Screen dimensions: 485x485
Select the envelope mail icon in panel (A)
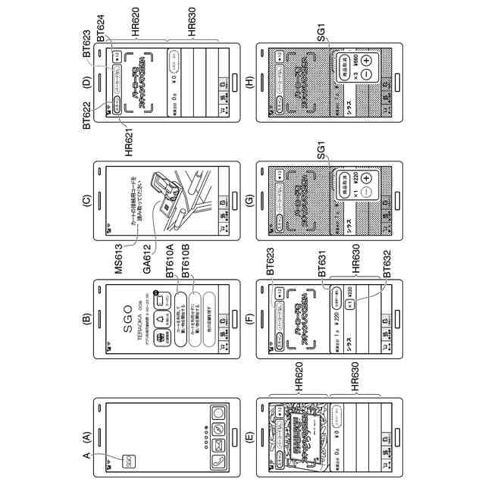click(x=217, y=429)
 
